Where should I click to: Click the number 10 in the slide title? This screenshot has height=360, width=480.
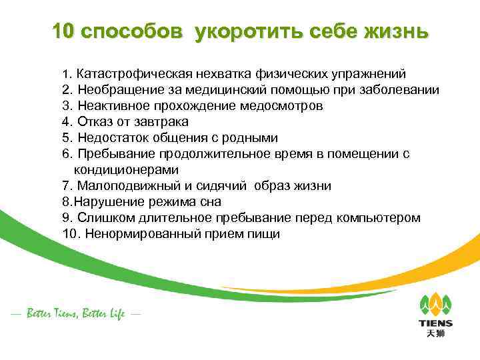click(x=65, y=32)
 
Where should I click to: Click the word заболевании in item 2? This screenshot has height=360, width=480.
click(x=399, y=89)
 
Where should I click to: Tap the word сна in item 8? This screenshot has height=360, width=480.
click(x=211, y=201)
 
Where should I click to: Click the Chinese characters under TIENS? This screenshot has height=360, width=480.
click(x=435, y=334)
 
